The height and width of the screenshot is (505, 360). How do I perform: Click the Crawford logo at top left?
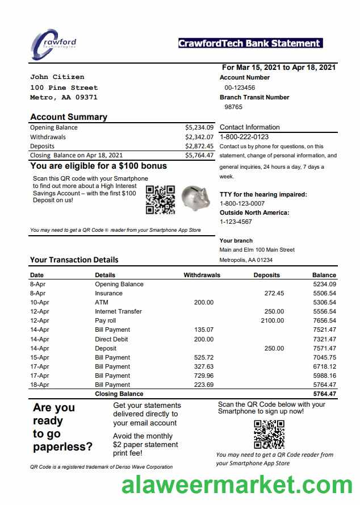(53, 44)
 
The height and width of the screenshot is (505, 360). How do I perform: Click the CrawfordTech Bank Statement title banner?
(250, 43)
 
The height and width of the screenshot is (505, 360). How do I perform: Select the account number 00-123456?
(240, 87)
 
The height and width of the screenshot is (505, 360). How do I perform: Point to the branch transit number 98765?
(233, 107)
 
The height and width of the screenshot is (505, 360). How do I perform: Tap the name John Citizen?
(57, 77)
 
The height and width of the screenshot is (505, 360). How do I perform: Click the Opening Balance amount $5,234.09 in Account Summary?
(199, 127)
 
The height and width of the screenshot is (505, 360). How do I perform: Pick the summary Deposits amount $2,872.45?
(199, 146)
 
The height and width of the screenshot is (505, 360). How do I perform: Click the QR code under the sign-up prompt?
(269, 434)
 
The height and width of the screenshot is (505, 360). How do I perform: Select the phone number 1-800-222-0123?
(244, 137)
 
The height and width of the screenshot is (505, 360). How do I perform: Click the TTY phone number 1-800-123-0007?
(242, 203)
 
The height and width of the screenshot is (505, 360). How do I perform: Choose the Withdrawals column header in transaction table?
(202, 275)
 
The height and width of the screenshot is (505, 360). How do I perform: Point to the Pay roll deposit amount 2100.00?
(272, 320)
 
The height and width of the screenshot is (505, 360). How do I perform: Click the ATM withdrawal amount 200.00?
(203, 302)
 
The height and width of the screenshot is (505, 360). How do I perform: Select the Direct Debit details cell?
(111, 339)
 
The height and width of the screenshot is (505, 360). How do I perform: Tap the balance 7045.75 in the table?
(324, 357)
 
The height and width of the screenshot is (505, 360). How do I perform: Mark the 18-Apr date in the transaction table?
(39, 385)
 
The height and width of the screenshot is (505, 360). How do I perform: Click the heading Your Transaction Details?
(74, 260)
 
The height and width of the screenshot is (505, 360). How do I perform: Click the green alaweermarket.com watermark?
(237, 486)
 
